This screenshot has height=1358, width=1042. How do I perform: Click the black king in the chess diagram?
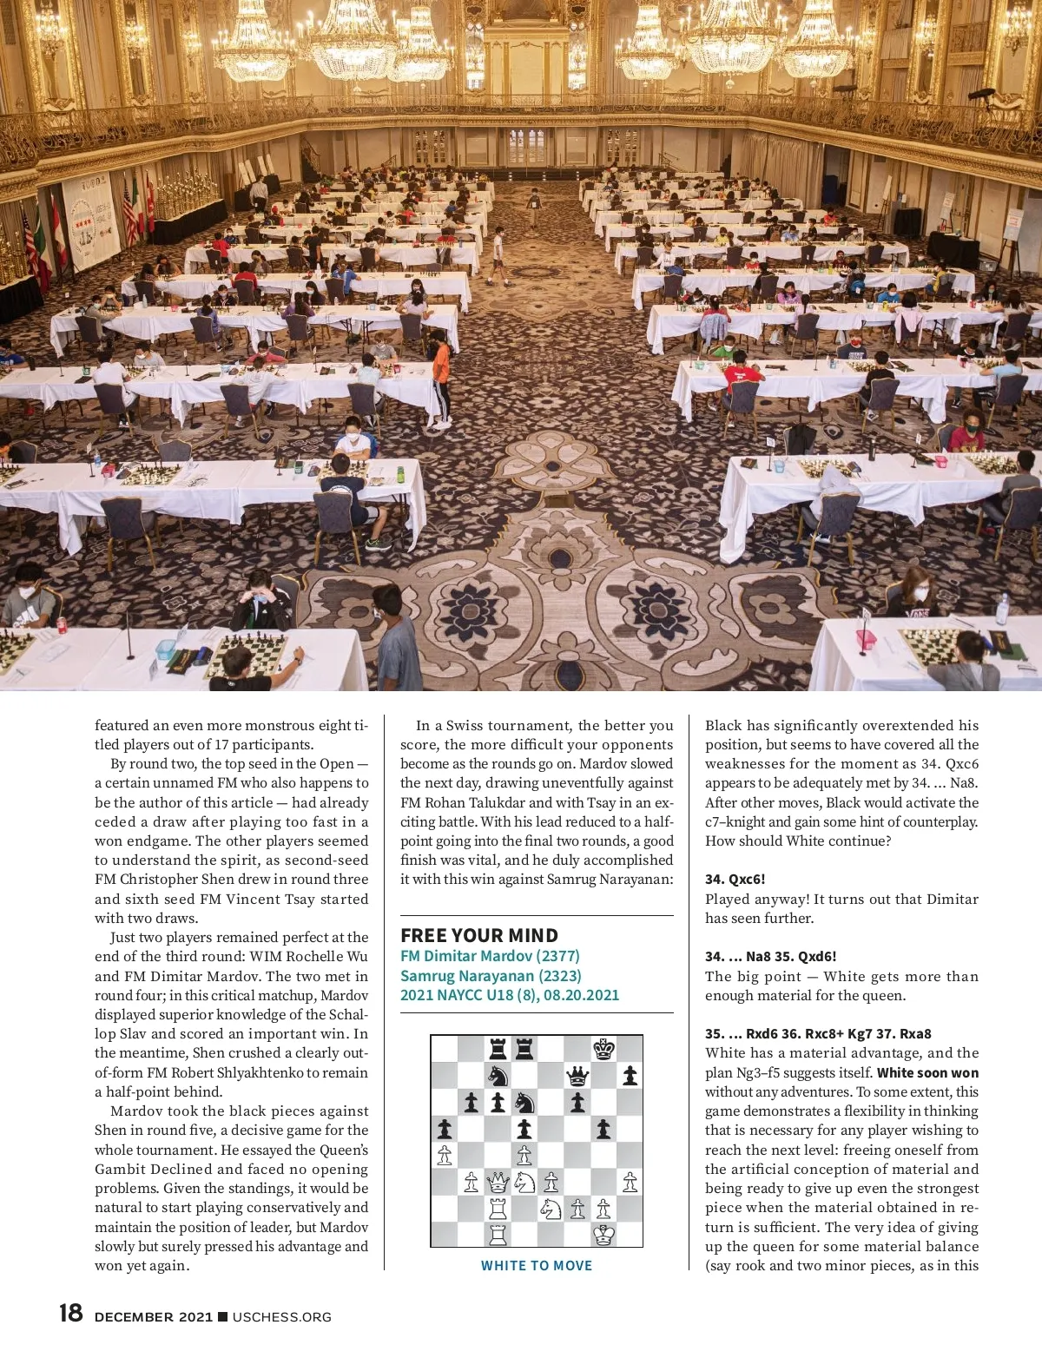click(x=603, y=1049)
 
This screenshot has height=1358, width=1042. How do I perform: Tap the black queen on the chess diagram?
click(x=577, y=1077)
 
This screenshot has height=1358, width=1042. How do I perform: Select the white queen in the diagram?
click(x=498, y=1182)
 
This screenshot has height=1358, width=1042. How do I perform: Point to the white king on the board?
click(x=603, y=1234)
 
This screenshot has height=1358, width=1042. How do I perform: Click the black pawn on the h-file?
click(x=630, y=1077)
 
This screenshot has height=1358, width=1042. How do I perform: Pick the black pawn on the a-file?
click(x=445, y=1129)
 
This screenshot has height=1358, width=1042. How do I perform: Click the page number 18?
click(x=71, y=1314)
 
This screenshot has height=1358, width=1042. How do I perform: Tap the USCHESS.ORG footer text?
click(x=282, y=1317)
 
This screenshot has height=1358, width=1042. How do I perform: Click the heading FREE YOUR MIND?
click(x=479, y=935)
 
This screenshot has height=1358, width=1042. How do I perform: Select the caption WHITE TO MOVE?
click(x=537, y=1266)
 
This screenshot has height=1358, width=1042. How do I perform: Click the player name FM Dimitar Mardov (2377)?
click(x=490, y=956)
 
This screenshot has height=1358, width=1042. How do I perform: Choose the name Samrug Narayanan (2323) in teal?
click(x=491, y=975)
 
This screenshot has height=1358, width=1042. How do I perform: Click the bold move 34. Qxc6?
click(x=735, y=880)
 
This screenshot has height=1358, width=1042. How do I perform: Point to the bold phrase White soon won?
click(x=927, y=1072)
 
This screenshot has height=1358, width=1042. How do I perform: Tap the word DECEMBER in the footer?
click(x=135, y=1317)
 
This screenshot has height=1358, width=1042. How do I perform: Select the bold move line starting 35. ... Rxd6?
click(x=818, y=1033)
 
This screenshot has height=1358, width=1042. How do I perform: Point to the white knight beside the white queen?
click(x=524, y=1182)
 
